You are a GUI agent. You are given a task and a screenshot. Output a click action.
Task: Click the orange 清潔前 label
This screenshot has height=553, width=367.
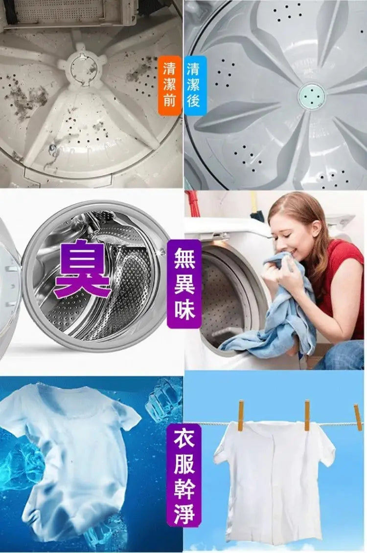click(169, 85)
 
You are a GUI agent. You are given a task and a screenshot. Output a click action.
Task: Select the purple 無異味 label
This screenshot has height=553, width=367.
click(184, 283)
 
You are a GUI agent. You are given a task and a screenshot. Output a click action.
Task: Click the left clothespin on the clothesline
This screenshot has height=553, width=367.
click(241, 415)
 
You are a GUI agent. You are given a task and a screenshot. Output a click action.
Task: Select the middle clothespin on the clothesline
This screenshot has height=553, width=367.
click(307, 415)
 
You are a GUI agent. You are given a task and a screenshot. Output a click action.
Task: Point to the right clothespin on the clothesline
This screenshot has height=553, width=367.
click(358, 417)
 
